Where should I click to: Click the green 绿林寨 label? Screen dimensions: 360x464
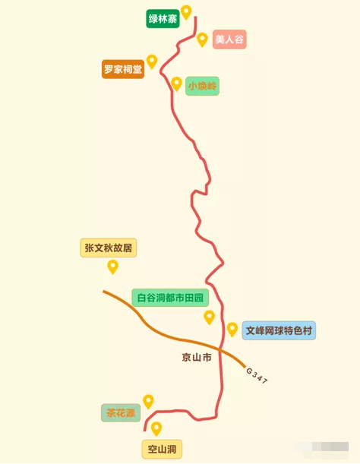tap(163, 19)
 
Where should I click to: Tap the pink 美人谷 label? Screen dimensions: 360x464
tap(229, 39)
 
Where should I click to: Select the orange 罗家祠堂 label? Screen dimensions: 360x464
tap(123, 69)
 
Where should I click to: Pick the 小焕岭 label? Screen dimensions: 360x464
tap(202, 86)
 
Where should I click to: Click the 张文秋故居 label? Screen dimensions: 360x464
tap(109, 248)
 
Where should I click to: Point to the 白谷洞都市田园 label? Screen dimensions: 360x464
tap(170, 298)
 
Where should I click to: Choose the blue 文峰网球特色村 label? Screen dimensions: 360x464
tap(279, 330)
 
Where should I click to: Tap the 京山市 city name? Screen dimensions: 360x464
tap(197, 358)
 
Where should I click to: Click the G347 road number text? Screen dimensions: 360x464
tap(257, 375)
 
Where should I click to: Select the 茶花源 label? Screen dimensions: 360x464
tap(121, 412)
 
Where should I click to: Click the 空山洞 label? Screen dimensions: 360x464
tap(162, 450)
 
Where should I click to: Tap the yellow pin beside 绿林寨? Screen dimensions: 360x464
tap(186, 12)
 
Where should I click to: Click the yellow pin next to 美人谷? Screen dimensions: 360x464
tap(202, 39)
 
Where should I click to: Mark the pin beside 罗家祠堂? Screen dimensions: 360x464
tap(152, 62)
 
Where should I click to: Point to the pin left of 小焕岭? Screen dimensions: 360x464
tap(176, 84)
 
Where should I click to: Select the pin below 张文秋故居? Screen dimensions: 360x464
tap(113, 267)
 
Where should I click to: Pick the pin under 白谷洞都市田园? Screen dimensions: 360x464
tap(210, 317)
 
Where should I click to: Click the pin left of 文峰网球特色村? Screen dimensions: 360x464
tap(232, 330)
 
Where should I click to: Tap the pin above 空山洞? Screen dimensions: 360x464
tap(156, 429)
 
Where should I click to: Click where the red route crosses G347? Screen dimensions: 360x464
tap(220, 349)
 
